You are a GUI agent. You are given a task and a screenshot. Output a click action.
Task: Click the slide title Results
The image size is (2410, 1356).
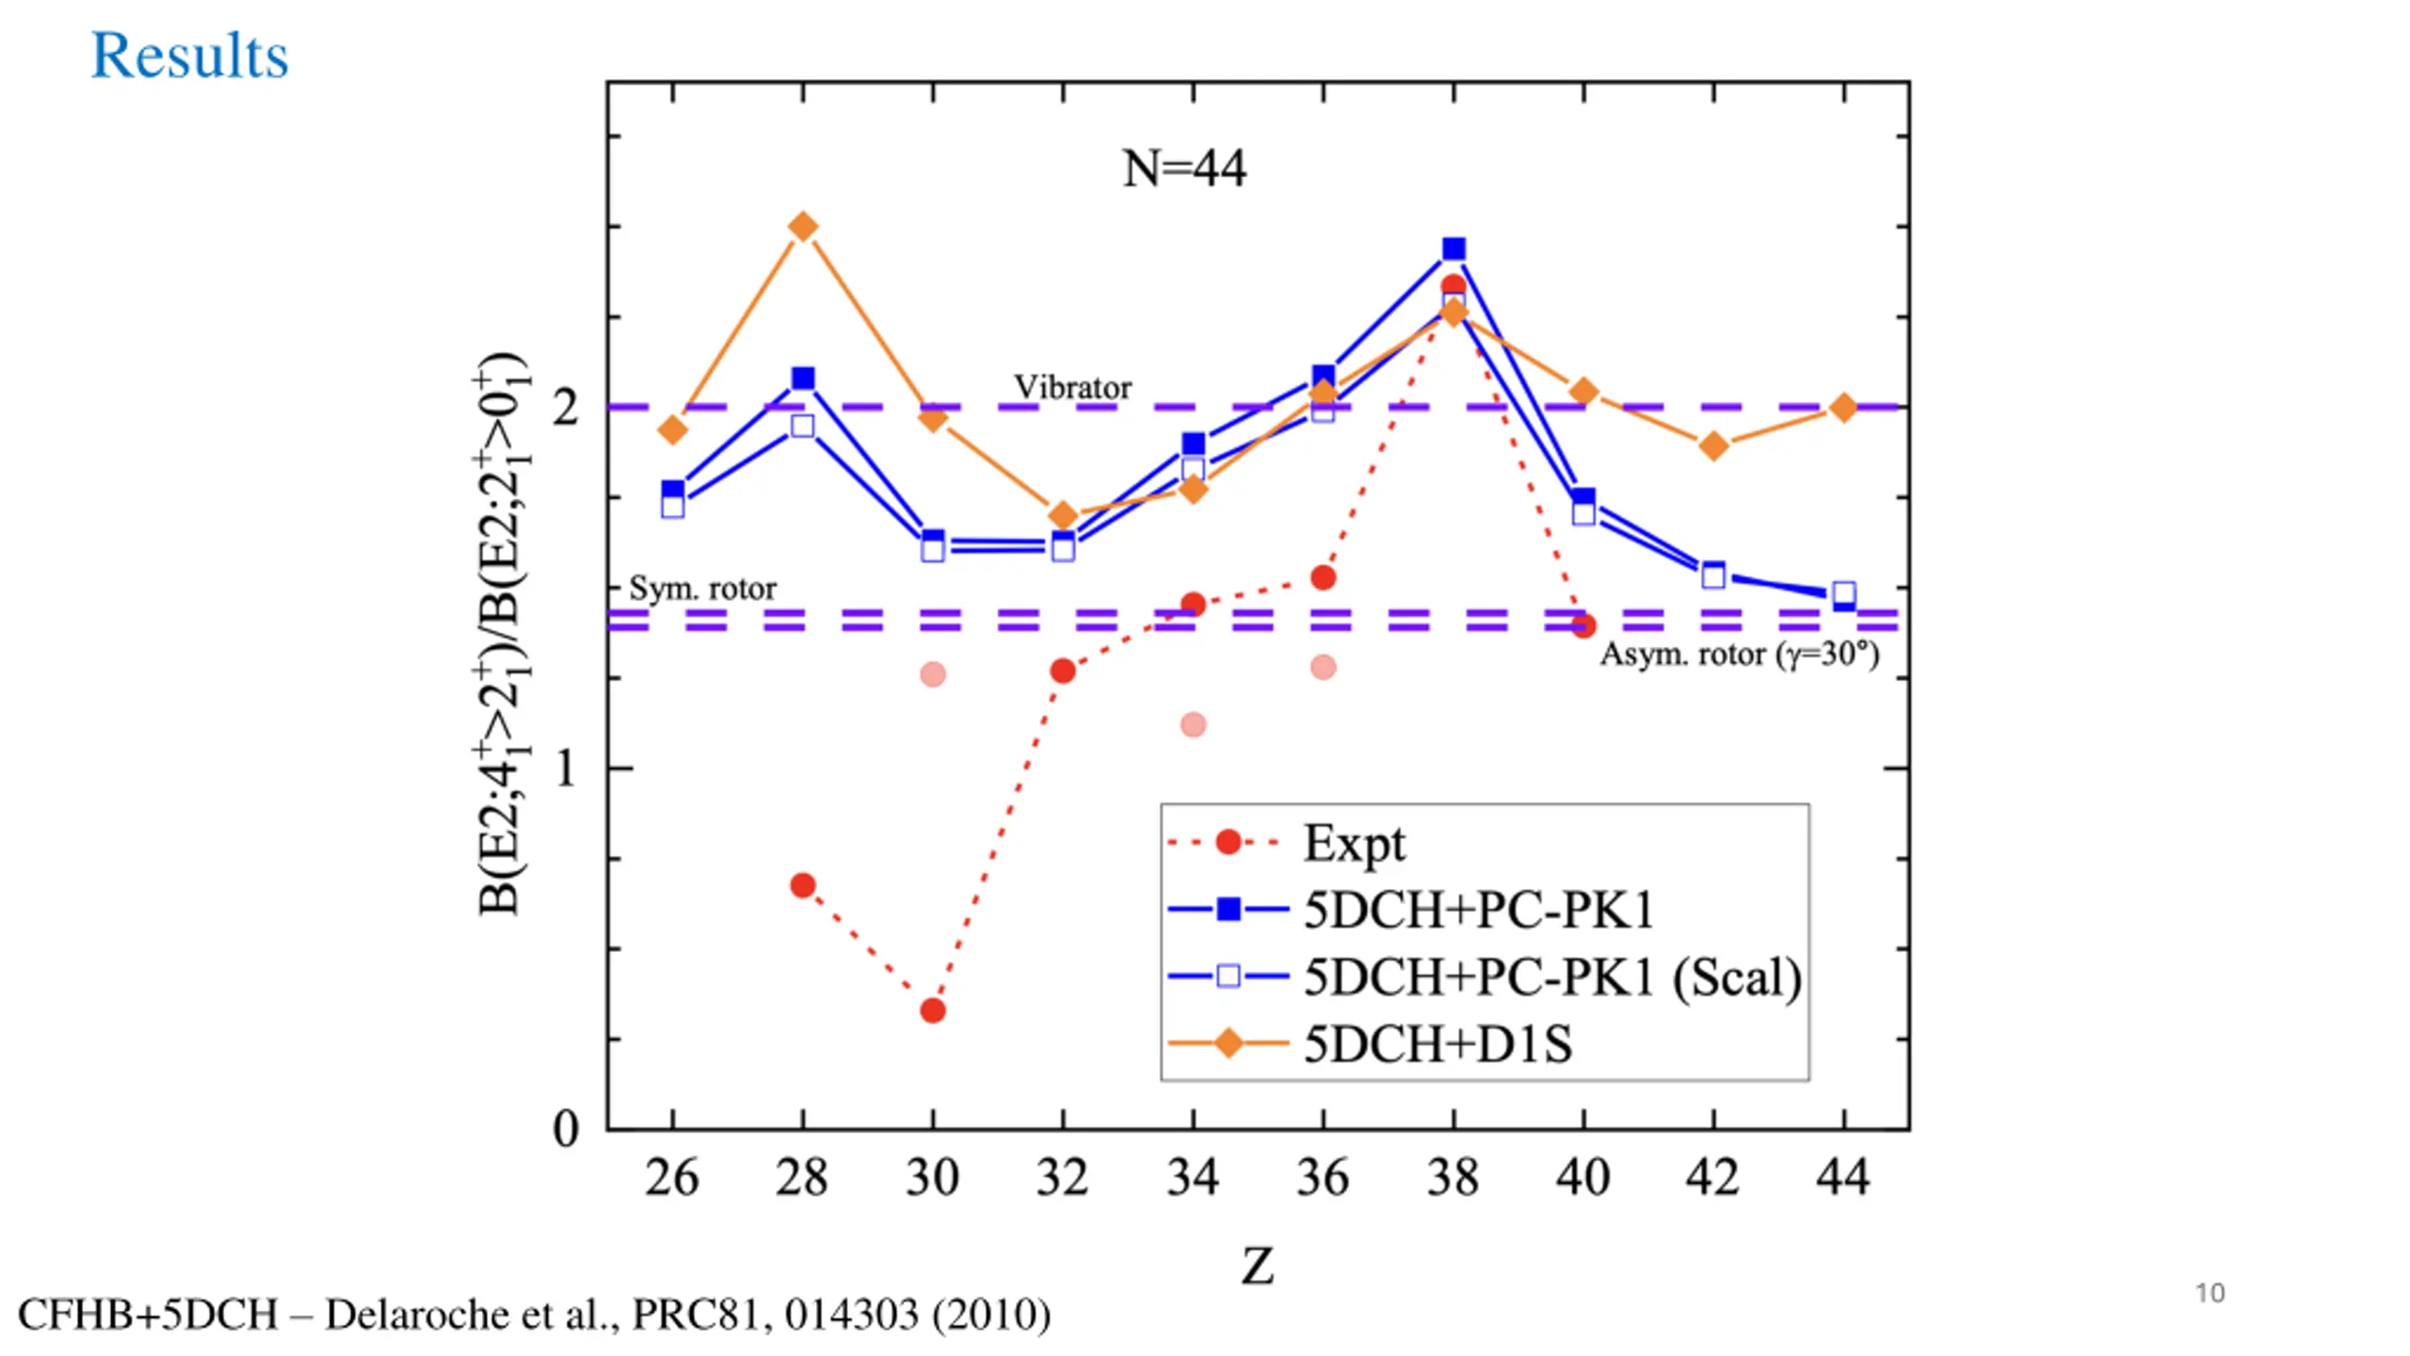[x=189, y=56]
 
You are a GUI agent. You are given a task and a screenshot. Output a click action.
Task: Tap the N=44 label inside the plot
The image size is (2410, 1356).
[x=1184, y=169]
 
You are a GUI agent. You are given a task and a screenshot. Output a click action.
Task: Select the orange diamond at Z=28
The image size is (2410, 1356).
[x=803, y=227]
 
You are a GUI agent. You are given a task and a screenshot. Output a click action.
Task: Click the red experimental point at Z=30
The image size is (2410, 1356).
[x=932, y=1010]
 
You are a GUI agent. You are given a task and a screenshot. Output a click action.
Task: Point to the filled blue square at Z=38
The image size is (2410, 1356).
[x=1454, y=250]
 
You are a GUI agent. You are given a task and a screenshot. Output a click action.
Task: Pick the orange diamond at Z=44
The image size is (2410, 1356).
[x=1843, y=408]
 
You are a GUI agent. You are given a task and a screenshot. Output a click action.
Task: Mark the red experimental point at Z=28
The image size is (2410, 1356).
[x=803, y=885]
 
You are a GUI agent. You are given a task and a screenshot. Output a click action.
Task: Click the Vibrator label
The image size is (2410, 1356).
[x=1072, y=387]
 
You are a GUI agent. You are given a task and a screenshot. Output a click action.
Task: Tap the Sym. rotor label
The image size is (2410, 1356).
[x=702, y=589]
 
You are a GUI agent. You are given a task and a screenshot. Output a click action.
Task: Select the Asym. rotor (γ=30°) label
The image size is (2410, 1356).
[x=1740, y=654]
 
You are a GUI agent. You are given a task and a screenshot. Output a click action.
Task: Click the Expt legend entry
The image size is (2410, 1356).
[x=1354, y=843]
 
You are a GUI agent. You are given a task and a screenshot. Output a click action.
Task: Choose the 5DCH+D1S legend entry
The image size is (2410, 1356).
[x=1438, y=1044]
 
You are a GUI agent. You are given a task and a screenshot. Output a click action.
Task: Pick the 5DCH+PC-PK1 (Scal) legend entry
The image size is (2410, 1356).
[x=1551, y=977]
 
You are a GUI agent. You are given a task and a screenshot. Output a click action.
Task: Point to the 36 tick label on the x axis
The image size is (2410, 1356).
[x=1323, y=1177]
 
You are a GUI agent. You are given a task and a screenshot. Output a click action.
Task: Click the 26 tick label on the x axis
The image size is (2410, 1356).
[x=671, y=1177]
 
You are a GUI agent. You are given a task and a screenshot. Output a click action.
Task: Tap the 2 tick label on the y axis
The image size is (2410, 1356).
[x=565, y=408]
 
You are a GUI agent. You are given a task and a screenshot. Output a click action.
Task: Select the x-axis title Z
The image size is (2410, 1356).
[x=1258, y=1267]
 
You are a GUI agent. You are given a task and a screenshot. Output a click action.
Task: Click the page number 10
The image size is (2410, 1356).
[x=2209, y=1293]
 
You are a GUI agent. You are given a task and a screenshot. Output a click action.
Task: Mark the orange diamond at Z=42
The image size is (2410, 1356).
[x=1713, y=445]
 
